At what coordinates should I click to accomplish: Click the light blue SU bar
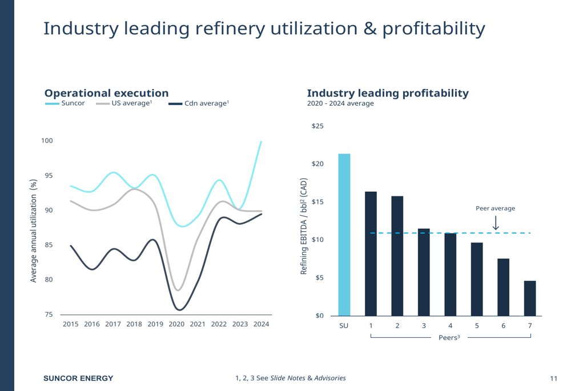click(344, 235)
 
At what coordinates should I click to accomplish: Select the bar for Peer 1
click(371, 253)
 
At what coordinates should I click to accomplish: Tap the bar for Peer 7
click(530, 298)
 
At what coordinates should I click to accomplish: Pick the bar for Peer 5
click(477, 279)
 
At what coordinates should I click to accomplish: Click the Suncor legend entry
click(65, 103)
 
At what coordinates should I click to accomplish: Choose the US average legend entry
click(124, 103)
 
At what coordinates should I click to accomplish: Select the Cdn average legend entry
click(199, 103)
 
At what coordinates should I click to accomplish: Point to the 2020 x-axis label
click(176, 324)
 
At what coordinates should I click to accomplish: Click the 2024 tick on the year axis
click(261, 324)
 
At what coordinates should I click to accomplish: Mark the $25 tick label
click(317, 126)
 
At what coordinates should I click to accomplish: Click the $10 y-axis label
click(317, 240)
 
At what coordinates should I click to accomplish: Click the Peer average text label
click(495, 208)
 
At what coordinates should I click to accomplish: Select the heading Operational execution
click(106, 93)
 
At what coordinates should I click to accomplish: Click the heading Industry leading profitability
click(388, 93)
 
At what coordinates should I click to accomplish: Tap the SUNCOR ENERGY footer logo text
click(79, 378)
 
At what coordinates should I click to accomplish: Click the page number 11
click(553, 378)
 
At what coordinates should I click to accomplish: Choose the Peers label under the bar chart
click(449, 337)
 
